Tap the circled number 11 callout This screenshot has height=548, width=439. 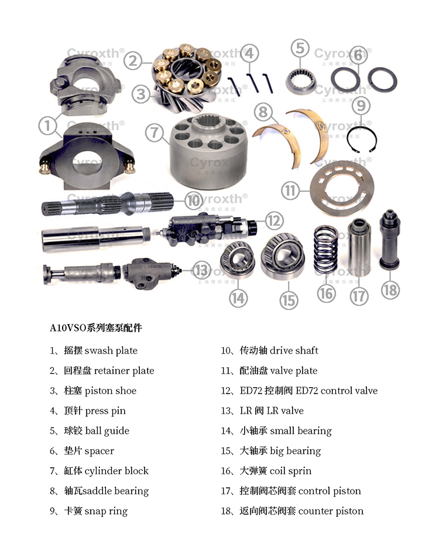290,191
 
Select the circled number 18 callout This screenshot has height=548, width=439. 390,290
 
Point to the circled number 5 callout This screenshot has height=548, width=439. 300,48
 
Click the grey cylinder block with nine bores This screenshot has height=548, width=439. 208,151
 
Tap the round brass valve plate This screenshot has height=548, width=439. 342,189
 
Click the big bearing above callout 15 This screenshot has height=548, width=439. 283,257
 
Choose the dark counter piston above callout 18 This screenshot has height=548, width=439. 389,240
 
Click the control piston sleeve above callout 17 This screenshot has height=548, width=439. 359,247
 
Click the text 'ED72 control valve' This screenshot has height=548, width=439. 337,391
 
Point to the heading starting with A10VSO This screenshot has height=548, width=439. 96,328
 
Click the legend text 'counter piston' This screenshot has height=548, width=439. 331,511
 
